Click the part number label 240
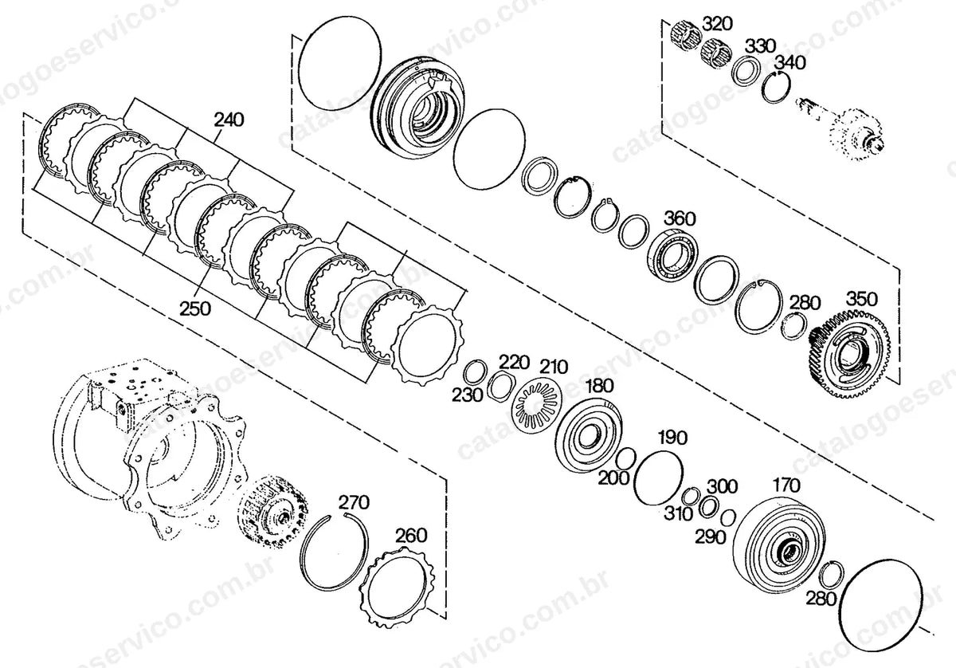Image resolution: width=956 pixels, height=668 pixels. [x=229, y=120]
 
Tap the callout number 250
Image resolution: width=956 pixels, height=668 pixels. [x=194, y=308]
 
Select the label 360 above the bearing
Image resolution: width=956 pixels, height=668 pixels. [x=680, y=219]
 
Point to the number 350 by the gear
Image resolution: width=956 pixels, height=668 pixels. [x=862, y=300]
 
